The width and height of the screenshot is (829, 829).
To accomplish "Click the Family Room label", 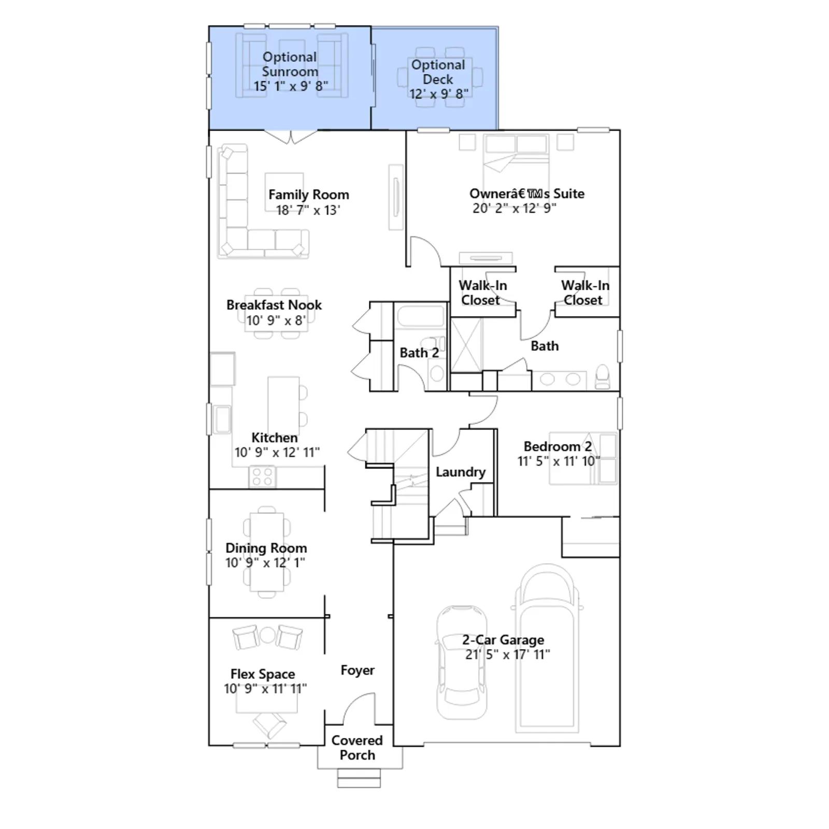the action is point(309,195).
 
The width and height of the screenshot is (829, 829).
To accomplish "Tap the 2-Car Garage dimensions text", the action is point(508,654).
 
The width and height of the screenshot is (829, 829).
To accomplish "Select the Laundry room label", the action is point(461,472).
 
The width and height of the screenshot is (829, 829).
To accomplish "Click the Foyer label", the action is point(358,670).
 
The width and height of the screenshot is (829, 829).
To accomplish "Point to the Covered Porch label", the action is point(357,748).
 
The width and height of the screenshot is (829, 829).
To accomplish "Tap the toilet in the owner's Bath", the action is point(603,377).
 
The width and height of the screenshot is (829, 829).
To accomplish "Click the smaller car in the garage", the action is point(462,663).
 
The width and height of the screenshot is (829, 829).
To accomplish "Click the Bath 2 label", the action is point(419,353).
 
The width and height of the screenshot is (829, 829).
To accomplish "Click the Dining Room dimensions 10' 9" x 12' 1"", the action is point(265,563).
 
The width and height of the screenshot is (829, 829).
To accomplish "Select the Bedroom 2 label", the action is point(558,447).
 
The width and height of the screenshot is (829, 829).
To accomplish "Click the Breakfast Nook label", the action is point(274,305).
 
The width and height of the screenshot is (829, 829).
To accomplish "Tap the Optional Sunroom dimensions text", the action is point(291,86).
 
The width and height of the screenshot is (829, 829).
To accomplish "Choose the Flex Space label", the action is point(263,674).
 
